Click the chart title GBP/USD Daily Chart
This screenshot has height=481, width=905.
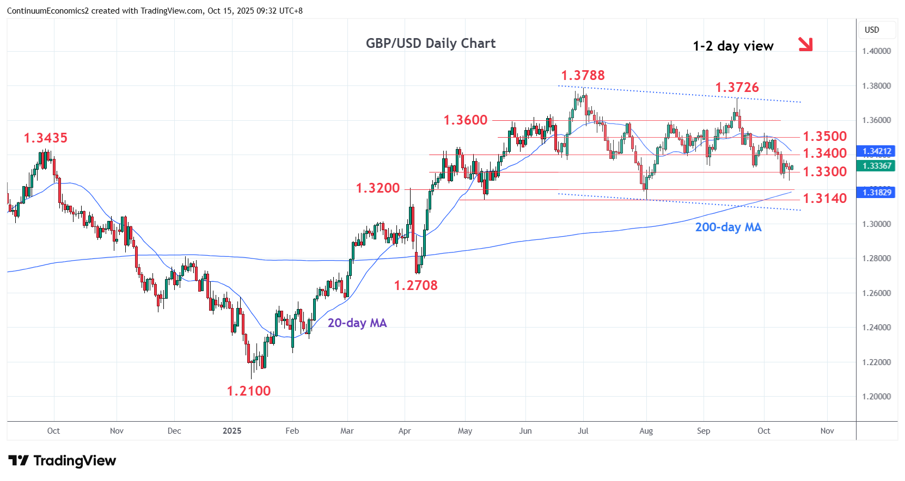tap(430, 44)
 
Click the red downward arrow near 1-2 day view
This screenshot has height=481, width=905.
tap(805, 44)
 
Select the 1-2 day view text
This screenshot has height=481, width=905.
tap(732, 46)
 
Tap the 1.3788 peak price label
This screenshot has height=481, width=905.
tap(583, 76)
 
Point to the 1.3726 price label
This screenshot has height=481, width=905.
tap(737, 88)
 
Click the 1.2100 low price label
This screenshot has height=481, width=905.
tap(248, 391)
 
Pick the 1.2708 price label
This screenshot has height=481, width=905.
tap(415, 286)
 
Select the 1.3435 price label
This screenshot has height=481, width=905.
tap(46, 138)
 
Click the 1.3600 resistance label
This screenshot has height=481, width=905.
tap(466, 120)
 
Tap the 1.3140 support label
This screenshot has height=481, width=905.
tap(825, 199)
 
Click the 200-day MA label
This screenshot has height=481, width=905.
tap(728, 227)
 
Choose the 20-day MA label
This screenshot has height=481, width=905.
tap(357, 323)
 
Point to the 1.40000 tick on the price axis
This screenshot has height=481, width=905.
tap(876, 51)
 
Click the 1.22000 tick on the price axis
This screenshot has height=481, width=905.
tap(876, 362)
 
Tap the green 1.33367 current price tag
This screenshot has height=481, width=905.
tap(876, 166)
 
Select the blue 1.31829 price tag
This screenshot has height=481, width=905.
tap(876, 192)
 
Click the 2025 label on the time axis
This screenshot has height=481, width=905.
tap(232, 431)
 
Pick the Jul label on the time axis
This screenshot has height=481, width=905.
tap(583, 431)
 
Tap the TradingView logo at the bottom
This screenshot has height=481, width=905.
tap(62, 461)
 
